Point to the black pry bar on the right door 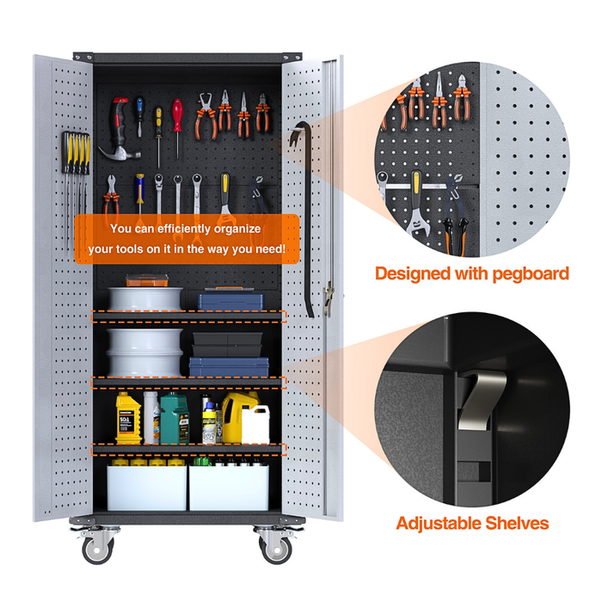[303, 215]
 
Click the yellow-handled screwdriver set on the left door [74, 159]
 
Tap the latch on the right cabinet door [328, 297]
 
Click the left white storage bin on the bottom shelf [146, 486]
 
